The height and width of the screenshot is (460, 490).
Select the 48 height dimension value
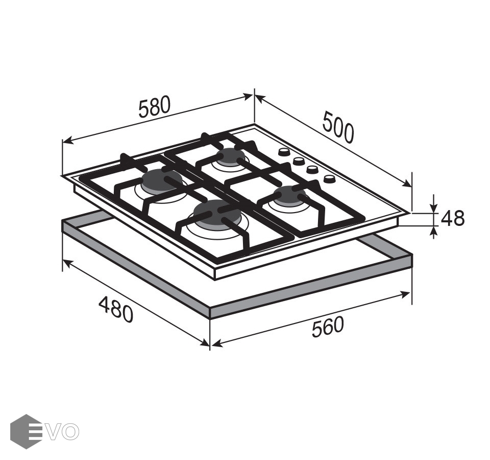453,218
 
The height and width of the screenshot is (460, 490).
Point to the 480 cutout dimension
116,310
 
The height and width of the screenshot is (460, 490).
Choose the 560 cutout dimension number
328,327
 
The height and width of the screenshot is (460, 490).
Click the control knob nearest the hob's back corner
284,152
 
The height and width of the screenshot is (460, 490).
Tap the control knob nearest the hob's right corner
329,179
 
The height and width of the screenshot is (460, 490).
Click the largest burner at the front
215,213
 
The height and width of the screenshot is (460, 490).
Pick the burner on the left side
159,180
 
